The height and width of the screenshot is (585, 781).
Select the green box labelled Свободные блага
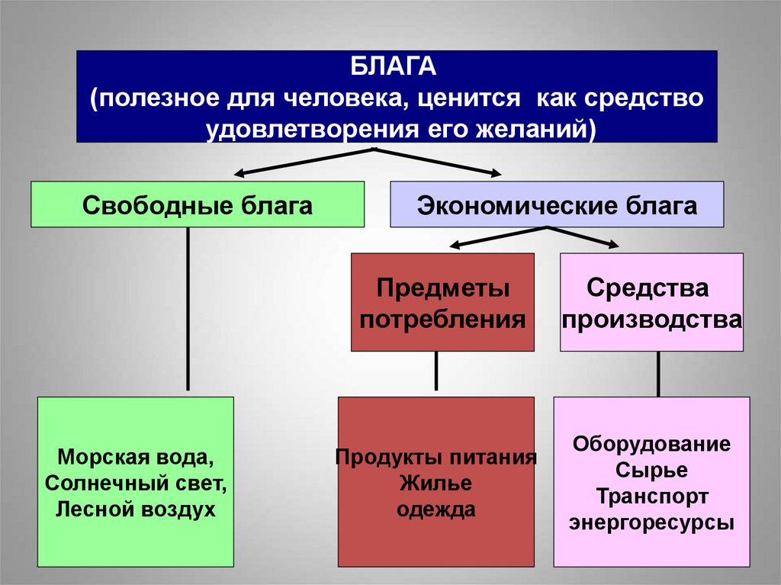(198, 204)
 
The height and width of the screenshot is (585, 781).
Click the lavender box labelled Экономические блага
(557, 204)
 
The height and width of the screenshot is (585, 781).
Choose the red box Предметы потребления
(442, 303)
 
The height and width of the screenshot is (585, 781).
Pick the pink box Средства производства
(651, 303)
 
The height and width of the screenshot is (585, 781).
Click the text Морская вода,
(136, 458)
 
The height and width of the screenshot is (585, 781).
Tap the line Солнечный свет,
(136, 484)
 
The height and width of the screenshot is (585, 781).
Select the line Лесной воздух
(136, 509)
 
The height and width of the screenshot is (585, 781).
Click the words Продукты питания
(435, 458)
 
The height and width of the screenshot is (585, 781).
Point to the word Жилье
(435, 484)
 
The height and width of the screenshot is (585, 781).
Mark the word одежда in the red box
(435, 509)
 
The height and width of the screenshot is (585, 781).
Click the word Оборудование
(651, 444)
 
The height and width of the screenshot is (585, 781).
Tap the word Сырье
(651, 470)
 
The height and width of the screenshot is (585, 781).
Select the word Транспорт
(651, 496)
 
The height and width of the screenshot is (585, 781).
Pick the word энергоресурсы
(651, 522)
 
